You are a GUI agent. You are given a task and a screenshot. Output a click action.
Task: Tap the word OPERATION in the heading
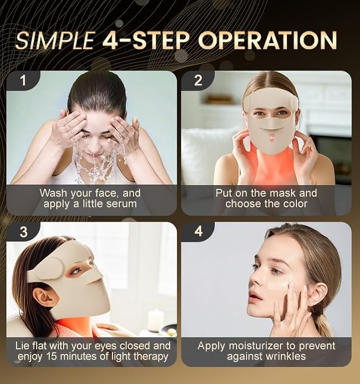(x=268, y=40)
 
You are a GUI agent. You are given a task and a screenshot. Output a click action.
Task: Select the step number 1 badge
(x=23, y=80)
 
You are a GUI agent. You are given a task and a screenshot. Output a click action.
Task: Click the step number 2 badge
(x=198, y=80)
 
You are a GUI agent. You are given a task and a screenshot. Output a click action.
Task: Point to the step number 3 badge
(x=23, y=231)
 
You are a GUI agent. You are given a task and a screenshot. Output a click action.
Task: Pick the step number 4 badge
(x=198, y=231)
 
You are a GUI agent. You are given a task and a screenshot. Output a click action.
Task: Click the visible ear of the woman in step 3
(x=45, y=297)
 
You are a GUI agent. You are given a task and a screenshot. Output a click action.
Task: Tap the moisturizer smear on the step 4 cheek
(x=278, y=285)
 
